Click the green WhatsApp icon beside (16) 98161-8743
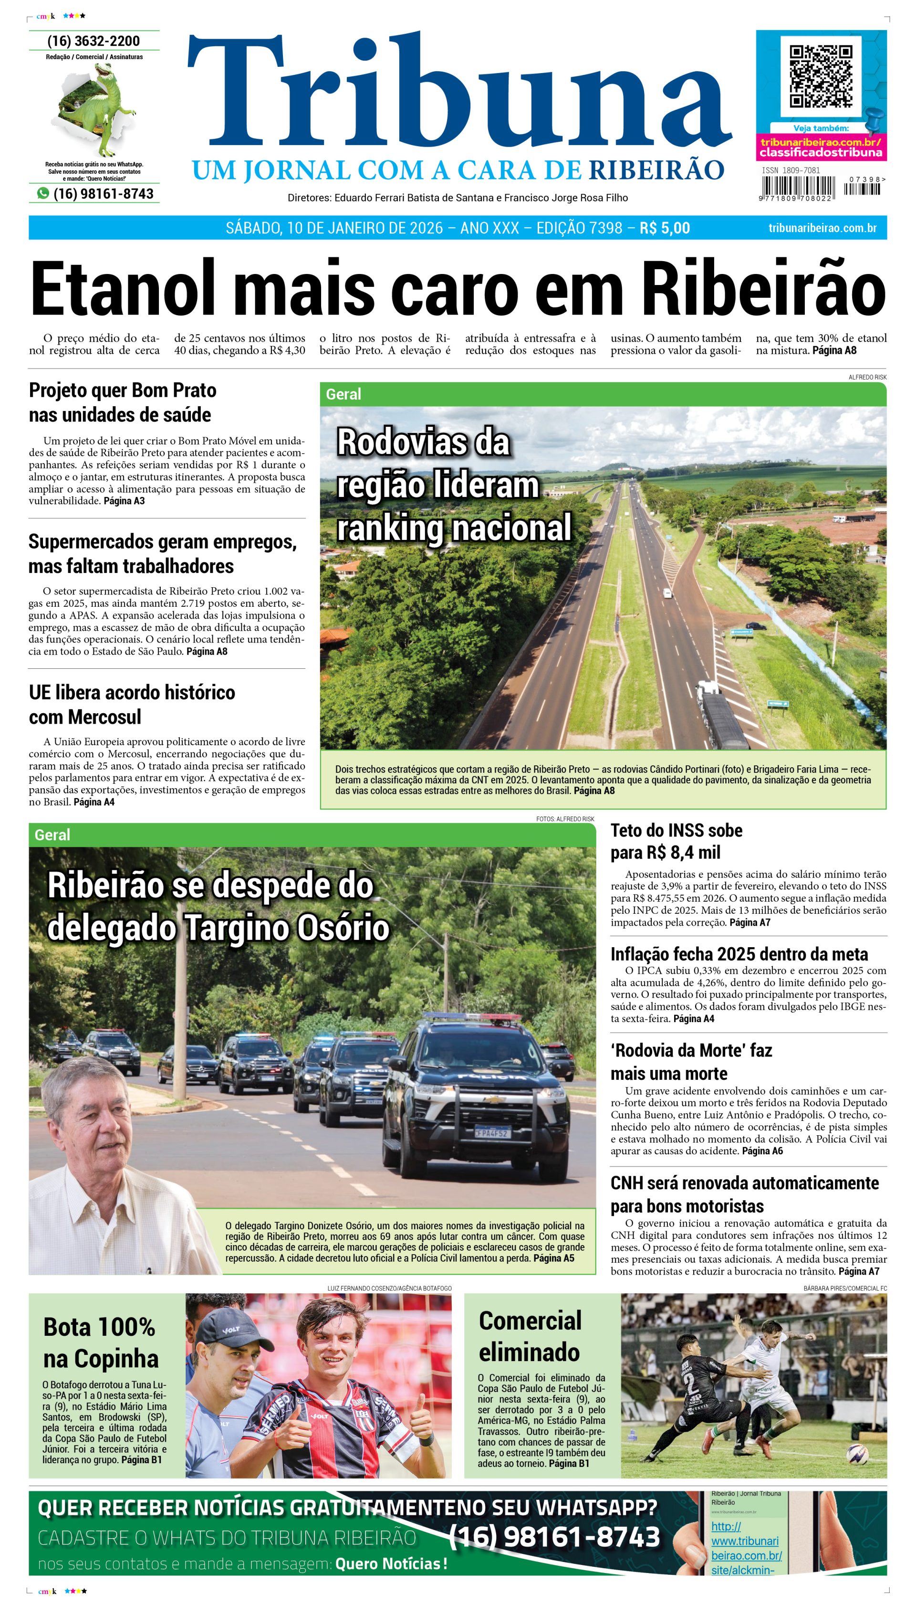pos(43,193)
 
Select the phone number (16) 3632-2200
pos(94,42)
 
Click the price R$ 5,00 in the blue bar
pos(665,228)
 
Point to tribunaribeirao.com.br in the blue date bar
pos(822,228)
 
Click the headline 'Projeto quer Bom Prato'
pos(123,390)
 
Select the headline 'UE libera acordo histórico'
pos(132,692)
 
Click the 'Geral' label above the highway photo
pos(343,395)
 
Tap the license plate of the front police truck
pos(491,1133)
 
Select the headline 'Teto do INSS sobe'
pos(677,830)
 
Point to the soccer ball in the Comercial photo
pos(857,1454)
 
